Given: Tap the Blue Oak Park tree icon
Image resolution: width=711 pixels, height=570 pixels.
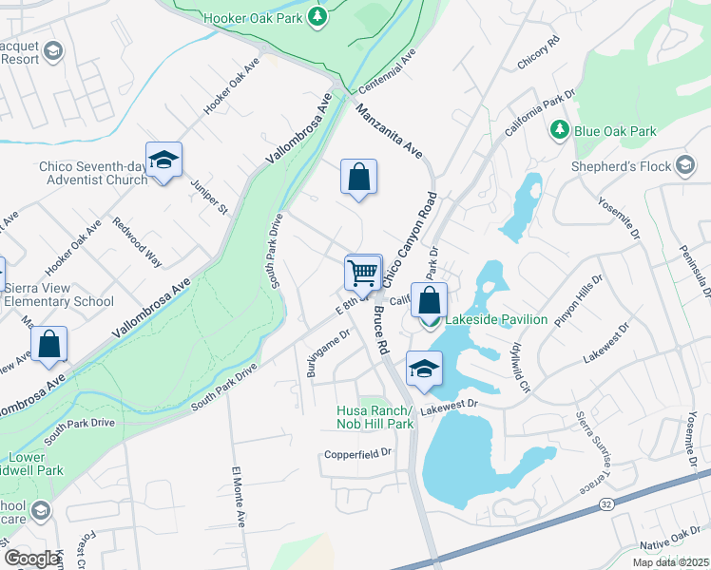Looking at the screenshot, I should pos(561,129).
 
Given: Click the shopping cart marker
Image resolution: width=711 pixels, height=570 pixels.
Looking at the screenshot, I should pos(363,274).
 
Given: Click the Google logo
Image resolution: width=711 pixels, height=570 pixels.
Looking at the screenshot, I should pos(31,558).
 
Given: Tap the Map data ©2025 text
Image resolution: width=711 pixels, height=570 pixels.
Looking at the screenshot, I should pos(670,562).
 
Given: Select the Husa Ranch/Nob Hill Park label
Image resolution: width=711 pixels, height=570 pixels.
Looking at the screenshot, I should pos(375,417).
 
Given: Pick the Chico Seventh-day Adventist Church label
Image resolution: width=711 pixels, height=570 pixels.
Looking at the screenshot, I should pos(93,173).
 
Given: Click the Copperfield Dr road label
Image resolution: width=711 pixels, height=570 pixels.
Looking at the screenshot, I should pos(356,453).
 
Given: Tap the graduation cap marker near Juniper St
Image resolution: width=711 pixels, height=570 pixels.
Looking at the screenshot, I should pos(163,161).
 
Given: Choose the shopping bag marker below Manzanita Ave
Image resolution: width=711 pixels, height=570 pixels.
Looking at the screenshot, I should pos(358,178).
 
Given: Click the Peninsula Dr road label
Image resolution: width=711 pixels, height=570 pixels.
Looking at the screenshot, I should pos(697,272).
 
